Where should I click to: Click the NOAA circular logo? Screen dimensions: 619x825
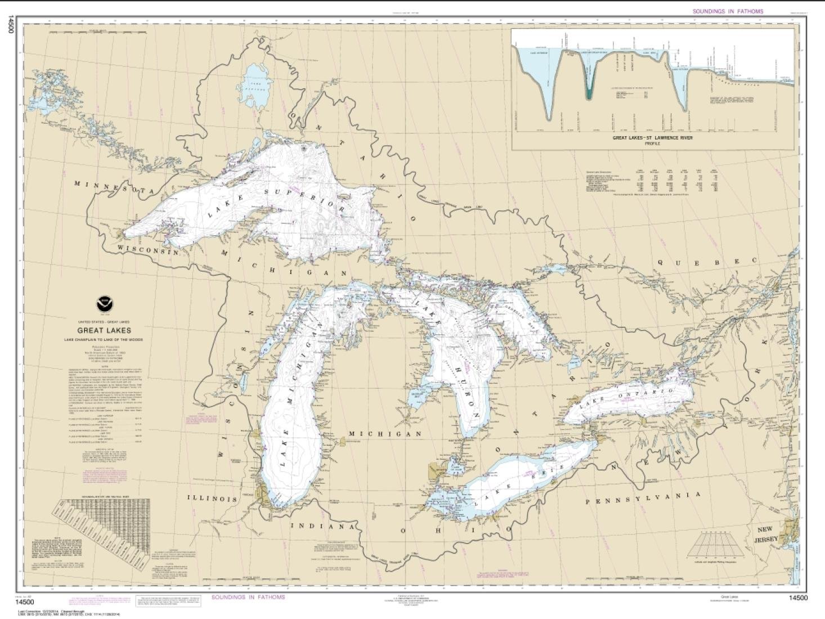[104, 304]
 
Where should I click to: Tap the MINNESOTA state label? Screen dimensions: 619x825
[114, 187]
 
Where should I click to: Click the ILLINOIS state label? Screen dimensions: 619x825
[212, 499]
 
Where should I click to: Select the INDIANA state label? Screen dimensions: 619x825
[322, 526]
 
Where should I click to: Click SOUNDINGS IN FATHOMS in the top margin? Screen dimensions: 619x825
[728, 11]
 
